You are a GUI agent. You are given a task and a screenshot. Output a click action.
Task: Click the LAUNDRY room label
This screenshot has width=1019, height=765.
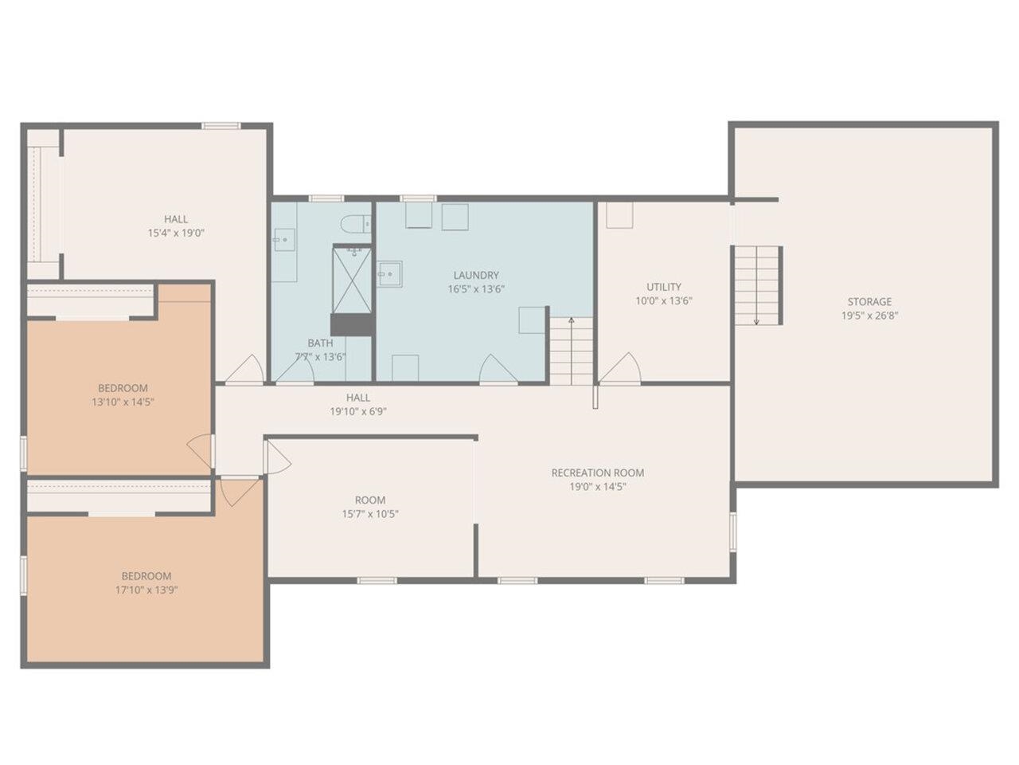click(x=476, y=275)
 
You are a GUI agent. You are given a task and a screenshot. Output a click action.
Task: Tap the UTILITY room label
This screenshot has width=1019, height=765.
click(x=663, y=287)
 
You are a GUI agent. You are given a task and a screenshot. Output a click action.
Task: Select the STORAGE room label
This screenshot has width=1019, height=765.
click(x=869, y=301)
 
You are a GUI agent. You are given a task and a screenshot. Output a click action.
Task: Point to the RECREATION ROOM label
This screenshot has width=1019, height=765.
click(x=598, y=473)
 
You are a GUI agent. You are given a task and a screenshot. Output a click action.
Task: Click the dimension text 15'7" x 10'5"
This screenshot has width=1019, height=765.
click(x=370, y=514)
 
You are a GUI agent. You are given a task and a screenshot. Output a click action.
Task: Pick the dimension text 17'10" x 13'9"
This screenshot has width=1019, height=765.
click(x=146, y=590)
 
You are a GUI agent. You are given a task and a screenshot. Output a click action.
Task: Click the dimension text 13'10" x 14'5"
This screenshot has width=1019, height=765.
click(x=123, y=402)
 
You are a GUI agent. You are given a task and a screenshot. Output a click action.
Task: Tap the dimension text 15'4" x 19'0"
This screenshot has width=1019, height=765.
click(x=176, y=233)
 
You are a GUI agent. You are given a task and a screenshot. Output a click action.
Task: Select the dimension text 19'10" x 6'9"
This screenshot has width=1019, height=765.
click(x=358, y=412)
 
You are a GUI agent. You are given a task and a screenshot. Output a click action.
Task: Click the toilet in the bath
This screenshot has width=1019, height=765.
click(x=354, y=223)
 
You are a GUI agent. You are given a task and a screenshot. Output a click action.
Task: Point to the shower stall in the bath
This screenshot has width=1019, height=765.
click(x=351, y=279)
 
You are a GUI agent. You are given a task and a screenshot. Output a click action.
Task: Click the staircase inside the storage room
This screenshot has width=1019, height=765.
click(x=755, y=285)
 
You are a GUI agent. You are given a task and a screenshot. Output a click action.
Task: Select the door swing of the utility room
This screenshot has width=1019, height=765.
click(x=622, y=368)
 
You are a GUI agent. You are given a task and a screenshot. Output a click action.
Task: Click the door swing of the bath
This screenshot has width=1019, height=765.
click(x=295, y=371)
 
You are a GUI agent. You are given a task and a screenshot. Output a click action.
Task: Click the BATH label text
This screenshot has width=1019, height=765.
click(x=320, y=343)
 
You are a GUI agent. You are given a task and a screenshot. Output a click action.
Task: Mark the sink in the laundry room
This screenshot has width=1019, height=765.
click(x=388, y=275)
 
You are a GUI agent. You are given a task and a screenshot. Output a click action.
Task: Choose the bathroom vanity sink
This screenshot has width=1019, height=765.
click(x=283, y=239)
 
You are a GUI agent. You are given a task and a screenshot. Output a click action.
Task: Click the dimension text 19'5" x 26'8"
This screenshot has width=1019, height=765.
click(x=869, y=316)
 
